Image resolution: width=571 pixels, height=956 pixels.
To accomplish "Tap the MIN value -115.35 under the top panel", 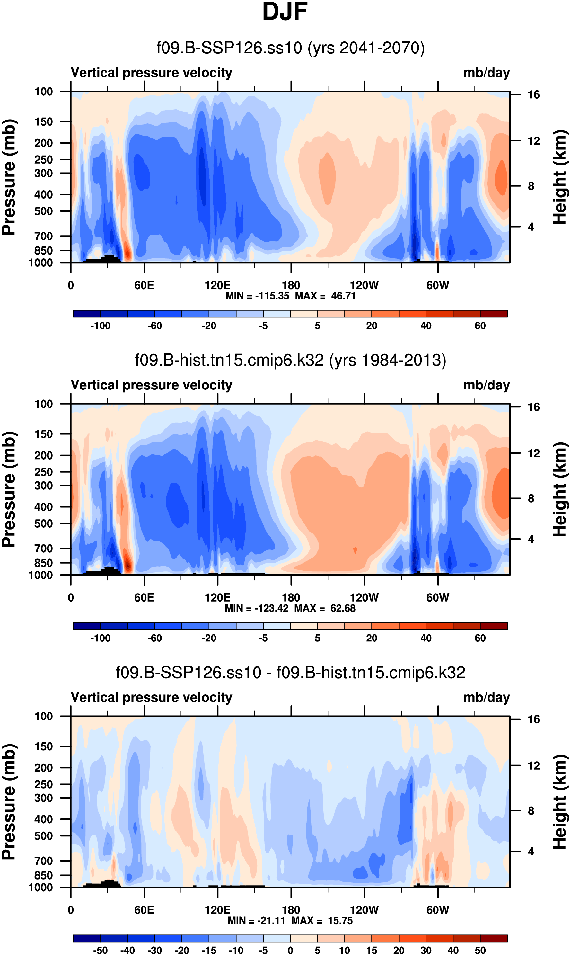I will (272, 296).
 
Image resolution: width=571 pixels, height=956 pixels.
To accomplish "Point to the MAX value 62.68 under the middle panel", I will (343, 608).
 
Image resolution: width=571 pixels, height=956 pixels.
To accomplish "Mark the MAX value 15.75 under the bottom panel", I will (340, 921).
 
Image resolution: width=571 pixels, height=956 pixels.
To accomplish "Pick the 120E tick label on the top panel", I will (217, 286).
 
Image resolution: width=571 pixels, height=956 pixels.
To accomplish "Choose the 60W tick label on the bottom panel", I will (437, 910).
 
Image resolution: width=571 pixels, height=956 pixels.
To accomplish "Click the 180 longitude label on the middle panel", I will (291, 598).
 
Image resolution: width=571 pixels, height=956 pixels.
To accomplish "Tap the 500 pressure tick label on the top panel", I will (43, 211).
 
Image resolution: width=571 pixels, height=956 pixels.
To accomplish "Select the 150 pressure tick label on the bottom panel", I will (43, 746).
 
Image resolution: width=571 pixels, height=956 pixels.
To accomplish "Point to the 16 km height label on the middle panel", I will (533, 407).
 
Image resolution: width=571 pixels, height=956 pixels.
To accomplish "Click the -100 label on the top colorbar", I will (101, 326).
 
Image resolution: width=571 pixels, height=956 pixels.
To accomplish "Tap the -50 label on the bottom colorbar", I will (101, 950).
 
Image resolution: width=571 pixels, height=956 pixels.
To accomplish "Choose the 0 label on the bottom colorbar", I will (291, 950).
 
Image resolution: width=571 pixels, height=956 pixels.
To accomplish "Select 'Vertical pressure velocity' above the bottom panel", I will (151, 698).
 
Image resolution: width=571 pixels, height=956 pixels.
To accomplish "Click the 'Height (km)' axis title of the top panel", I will (560, 177).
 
